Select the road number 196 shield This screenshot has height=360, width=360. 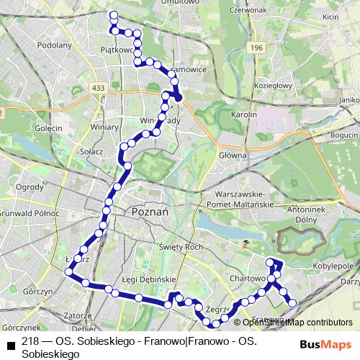coord(257,47)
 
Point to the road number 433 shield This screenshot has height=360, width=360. coord(99,88)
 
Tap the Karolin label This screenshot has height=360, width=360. coord(243,114)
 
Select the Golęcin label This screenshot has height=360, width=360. coord(48,127)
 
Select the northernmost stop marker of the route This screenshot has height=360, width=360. coord(112,14)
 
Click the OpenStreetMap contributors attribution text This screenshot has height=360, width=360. coord(297,323)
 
